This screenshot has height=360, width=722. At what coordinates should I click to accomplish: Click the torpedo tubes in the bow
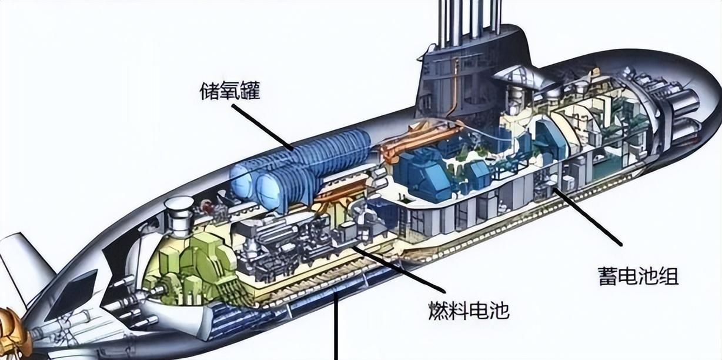coord(682,112)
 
